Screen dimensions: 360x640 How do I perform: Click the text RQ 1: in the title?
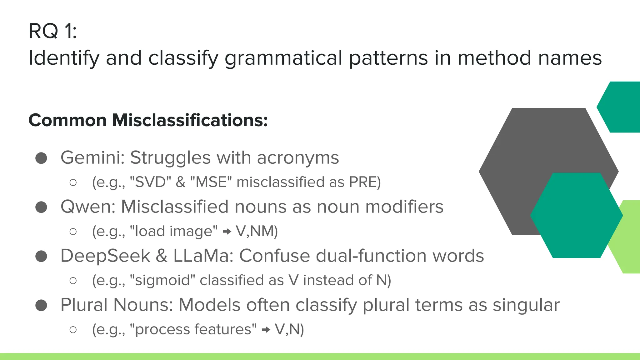point(52,31)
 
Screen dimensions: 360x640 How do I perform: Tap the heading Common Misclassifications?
point(148,120)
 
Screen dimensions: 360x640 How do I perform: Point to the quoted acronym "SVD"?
point(150,182)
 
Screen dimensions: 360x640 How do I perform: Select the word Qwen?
point(88,207)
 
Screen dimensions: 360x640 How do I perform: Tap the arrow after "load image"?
point(227,232)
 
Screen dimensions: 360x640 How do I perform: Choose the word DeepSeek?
point(105,256)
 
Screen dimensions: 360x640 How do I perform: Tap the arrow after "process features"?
point(266,330)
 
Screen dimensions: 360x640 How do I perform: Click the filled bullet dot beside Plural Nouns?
point(41,305)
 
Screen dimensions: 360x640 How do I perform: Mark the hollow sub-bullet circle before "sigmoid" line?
point(73,281)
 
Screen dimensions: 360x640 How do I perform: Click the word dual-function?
point(371,256)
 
